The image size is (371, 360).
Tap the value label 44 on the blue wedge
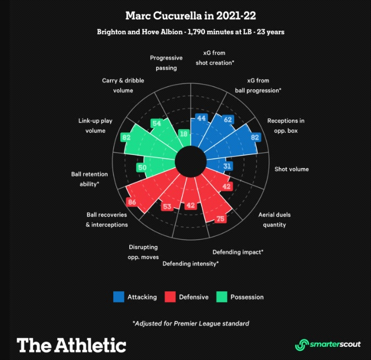(x=202, y=119)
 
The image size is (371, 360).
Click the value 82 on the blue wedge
(x=254, y=137)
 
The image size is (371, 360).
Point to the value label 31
(x=229, y=165)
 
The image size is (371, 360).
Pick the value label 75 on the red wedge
(x=220, y=219)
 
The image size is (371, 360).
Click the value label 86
(x=131, y=202)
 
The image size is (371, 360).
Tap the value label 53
(x=167, y=207)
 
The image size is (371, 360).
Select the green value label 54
(x=157, y=123)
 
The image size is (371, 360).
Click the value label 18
(x=184, y=134)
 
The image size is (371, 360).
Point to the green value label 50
(x=142, y=168)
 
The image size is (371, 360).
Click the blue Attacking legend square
(x=119, y=297)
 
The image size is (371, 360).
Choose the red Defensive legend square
(x=170, y=297)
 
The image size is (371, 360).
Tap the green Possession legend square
(x=222, y=297)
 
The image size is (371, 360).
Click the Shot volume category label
(x=291, y=169)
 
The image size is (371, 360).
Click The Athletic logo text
(x=71, y=345)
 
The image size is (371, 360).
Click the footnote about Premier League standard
(x=191, y=323)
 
